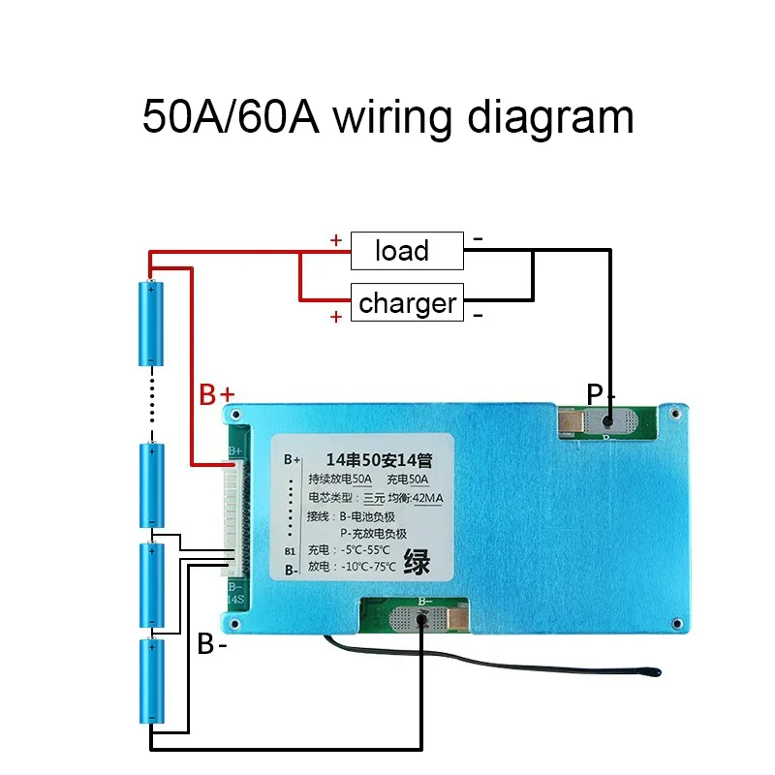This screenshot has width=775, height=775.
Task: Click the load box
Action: point(406,251)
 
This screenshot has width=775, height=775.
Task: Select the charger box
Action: point(406,303)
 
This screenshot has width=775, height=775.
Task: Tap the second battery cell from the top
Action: point(152,481)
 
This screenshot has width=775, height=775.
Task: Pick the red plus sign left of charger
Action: point(336,317)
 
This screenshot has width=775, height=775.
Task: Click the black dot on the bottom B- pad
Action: point(422,617)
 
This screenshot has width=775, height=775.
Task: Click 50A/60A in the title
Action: point(231,118)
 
